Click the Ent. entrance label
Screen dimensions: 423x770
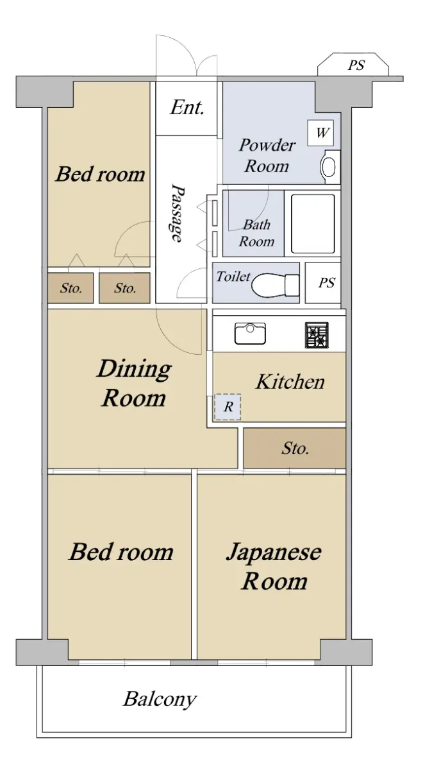click(x=187, y=108)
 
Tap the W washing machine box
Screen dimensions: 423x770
click(x=320, y=132)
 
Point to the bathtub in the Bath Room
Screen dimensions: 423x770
click(x=313, y=224)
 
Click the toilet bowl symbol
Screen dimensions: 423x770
click(x=275, y=285)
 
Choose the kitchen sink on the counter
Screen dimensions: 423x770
click(x=250, y=333)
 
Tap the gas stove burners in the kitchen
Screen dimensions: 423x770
click(x=317, y=335)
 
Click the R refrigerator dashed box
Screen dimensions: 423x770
click(x=228, y=407)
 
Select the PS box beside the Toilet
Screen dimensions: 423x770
click(x=323, y=283)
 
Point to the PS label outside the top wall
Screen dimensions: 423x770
click(x=356, y=65)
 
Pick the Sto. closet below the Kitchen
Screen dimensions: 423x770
click(x=295, y=449)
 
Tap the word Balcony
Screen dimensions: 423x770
click(x=160, y=699)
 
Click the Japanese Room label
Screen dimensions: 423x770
click(x=274, y=566)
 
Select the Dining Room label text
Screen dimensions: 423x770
click(x=134, y=383)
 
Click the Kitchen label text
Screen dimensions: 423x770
click(x=290, y=382)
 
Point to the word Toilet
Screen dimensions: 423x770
click(x=233, y=277)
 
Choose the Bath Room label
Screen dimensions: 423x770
click(x=256, y=233)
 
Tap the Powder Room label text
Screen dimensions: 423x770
click(x=267, y=155)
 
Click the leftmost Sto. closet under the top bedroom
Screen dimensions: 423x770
click(x=70, y=288)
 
